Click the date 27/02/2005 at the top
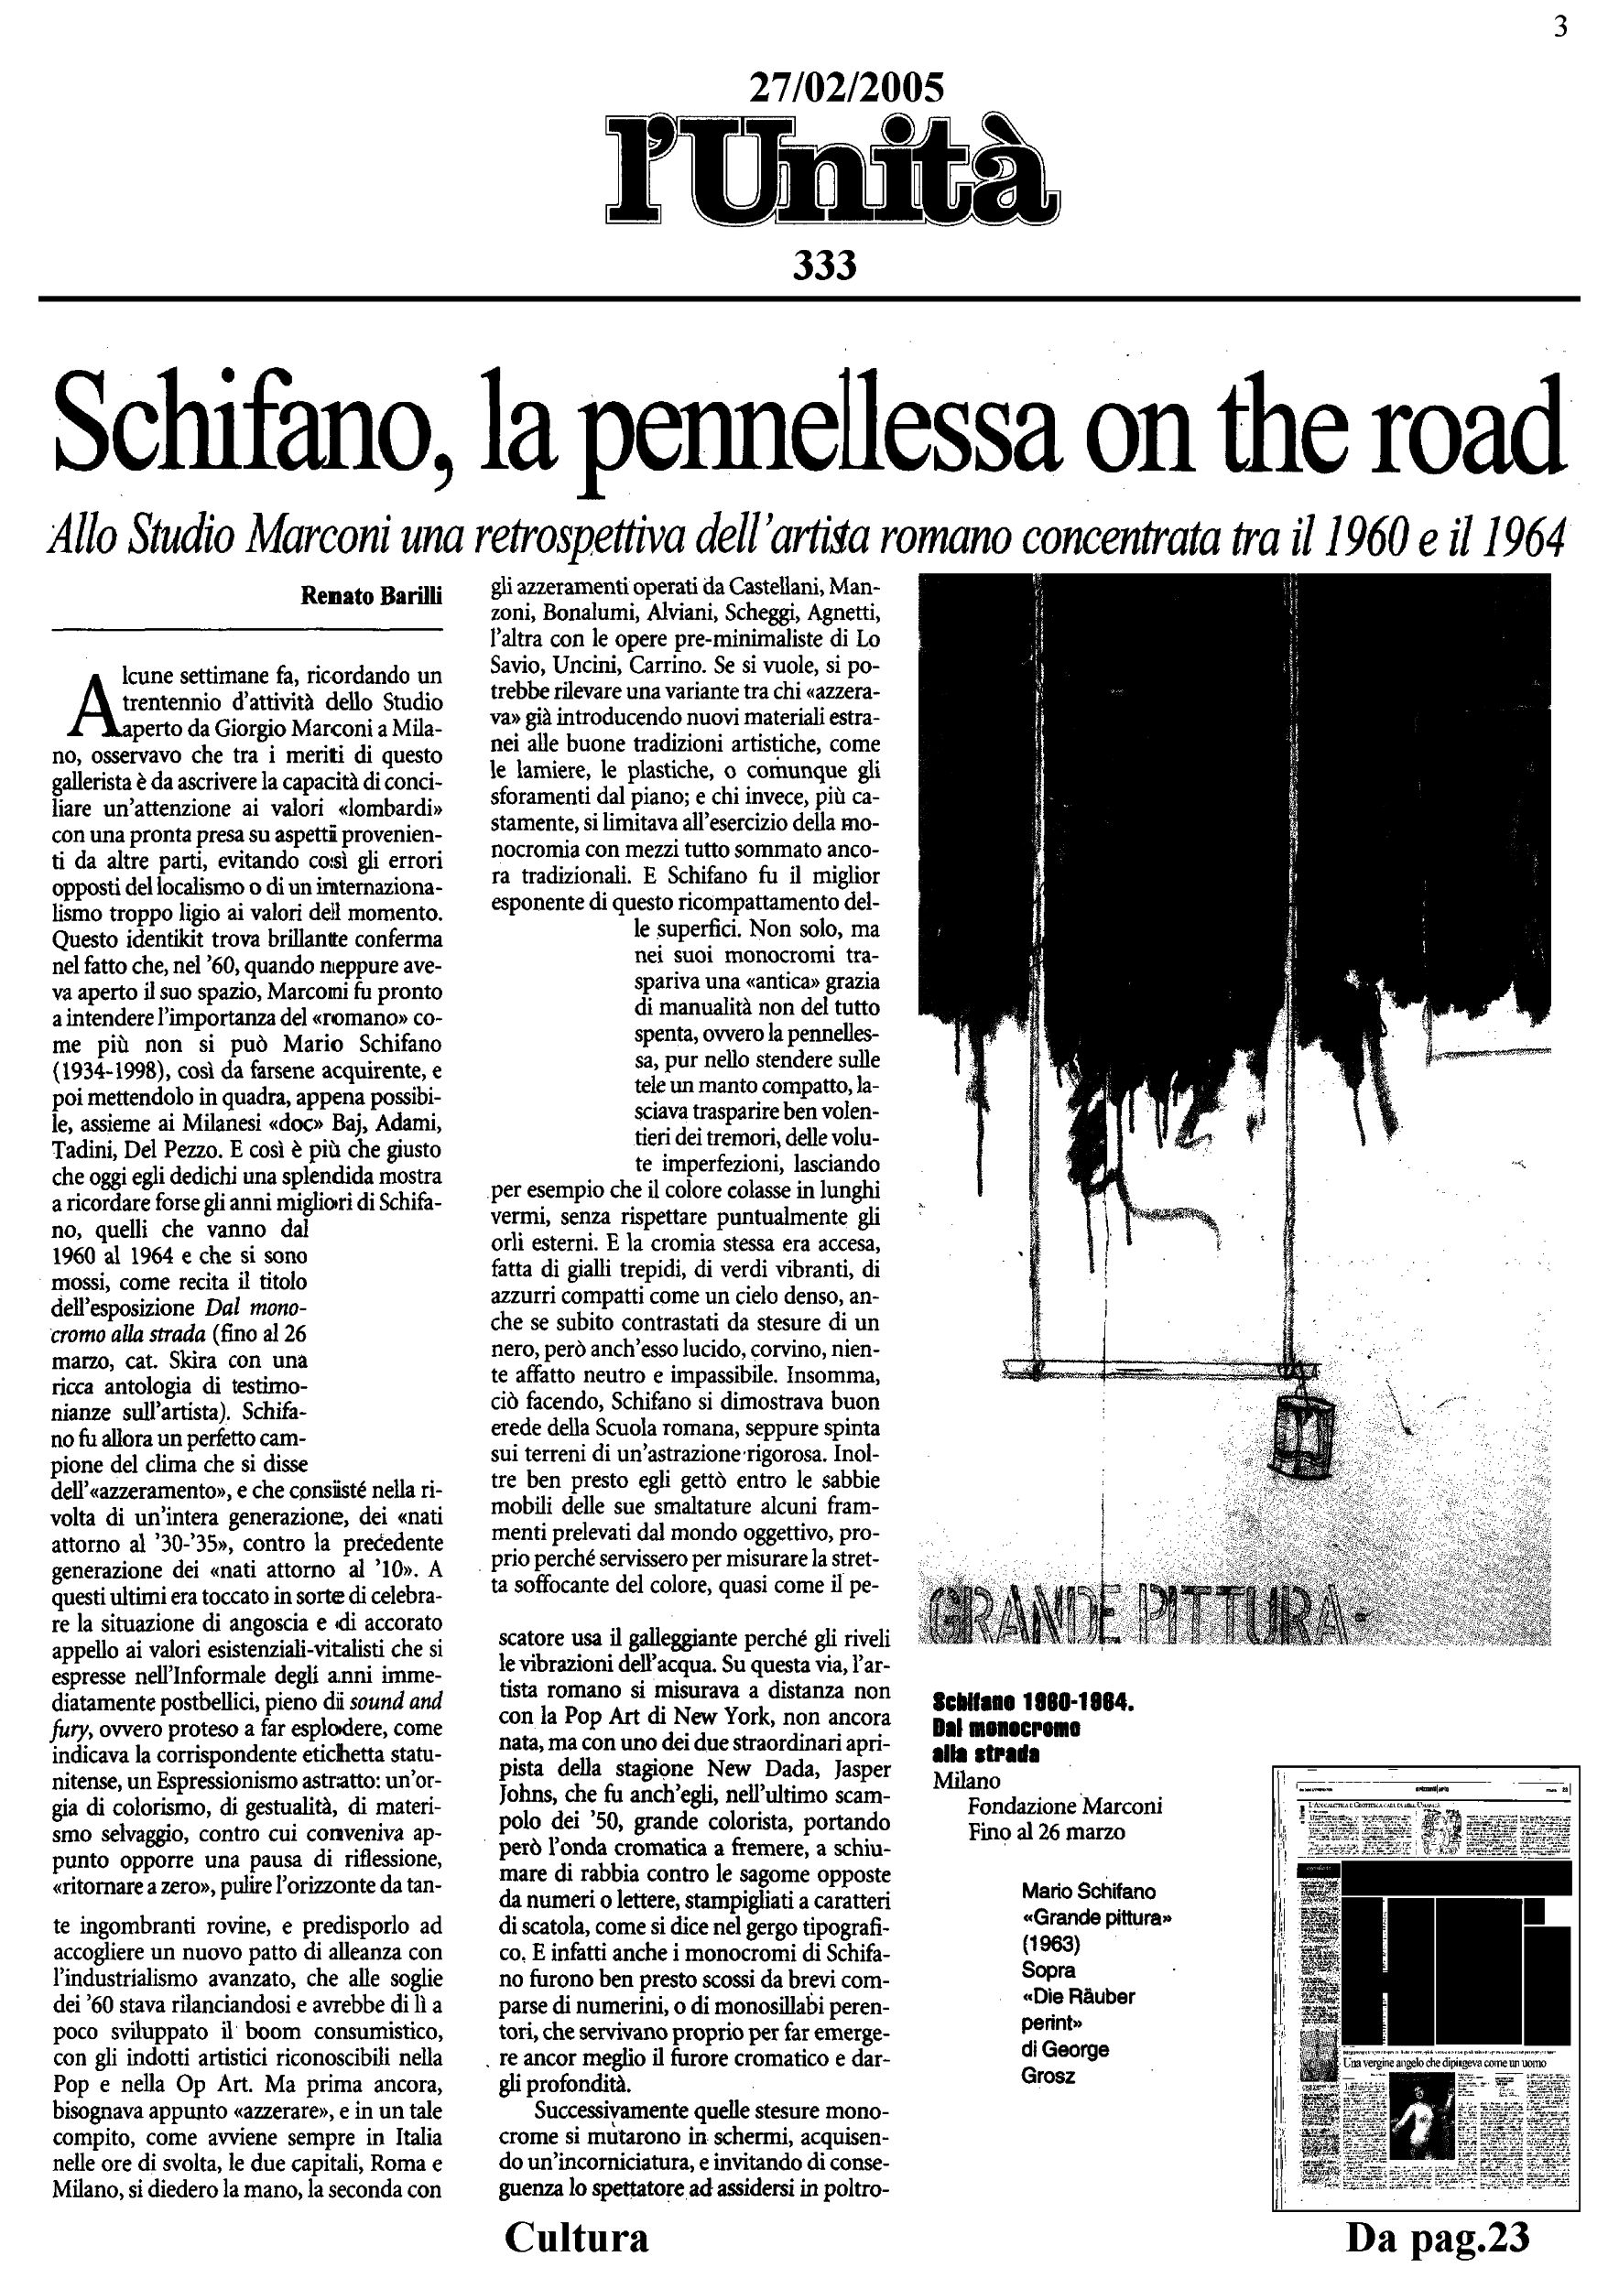point(845,90)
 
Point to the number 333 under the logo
point(824,266)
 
